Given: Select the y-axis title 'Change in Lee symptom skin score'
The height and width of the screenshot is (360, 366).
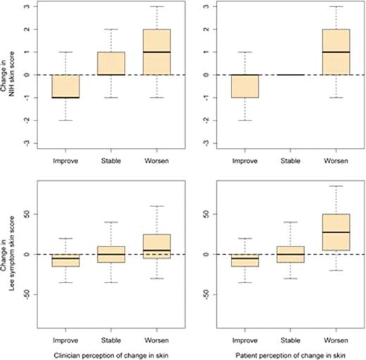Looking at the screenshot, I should tap(11, 254).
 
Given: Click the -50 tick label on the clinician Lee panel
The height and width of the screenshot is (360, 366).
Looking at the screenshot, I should tap(33, 295).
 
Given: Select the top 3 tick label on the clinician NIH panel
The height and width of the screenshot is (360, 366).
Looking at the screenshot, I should tap(33, 7).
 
